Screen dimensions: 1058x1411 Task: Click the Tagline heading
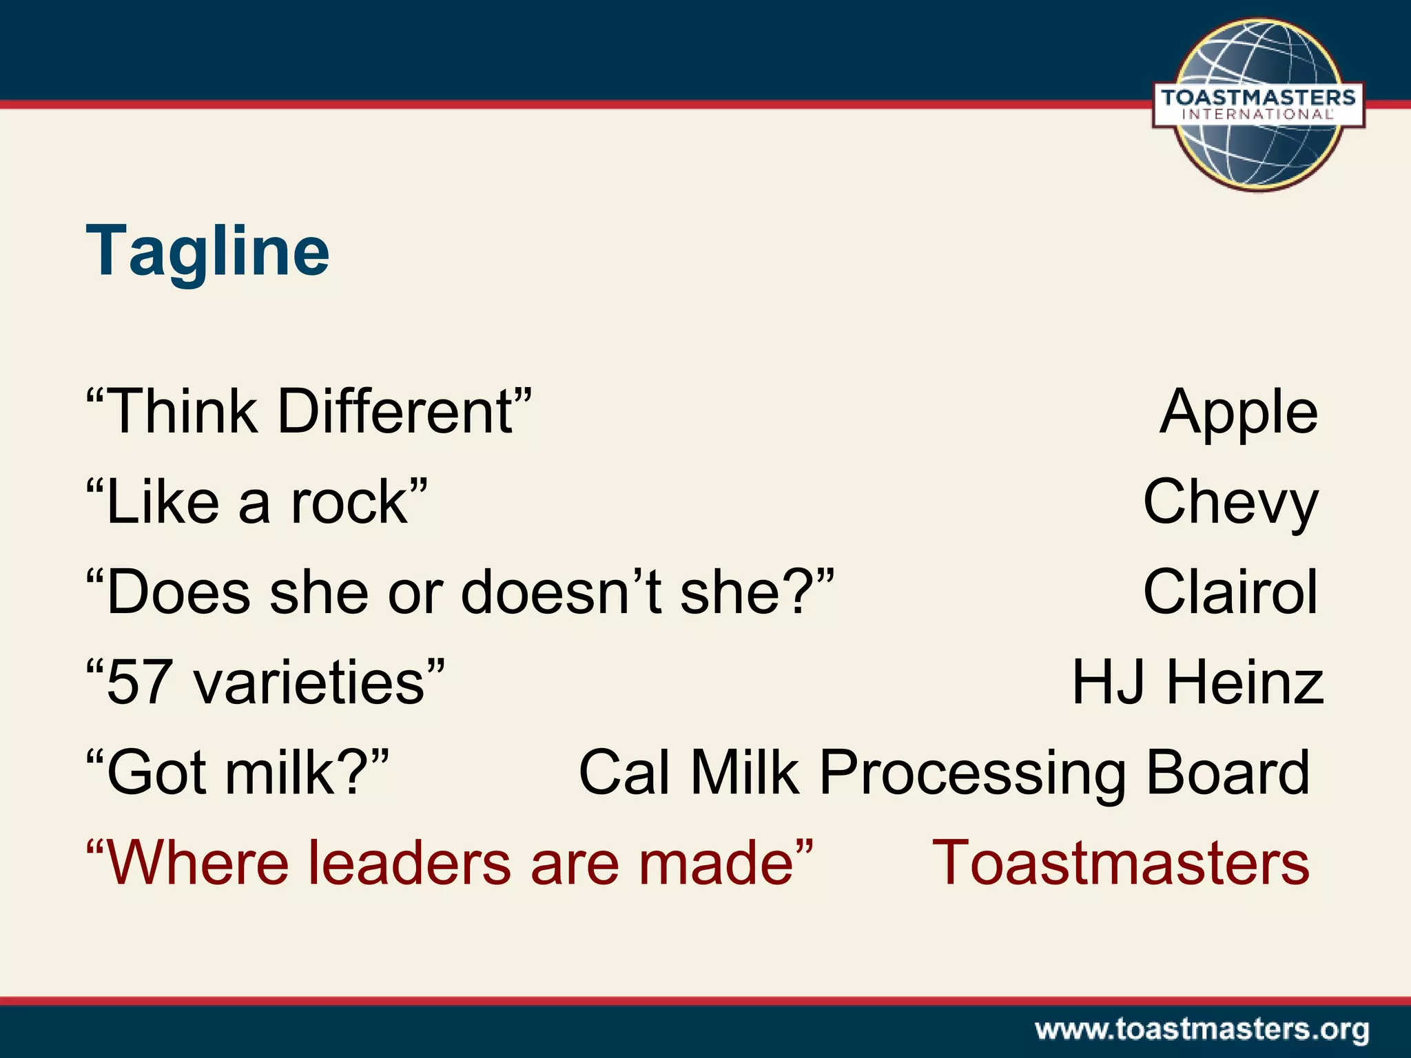tap(207, 251)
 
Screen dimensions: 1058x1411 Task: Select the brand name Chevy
tap(1230, 502)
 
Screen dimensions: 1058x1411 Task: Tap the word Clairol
tap(1230, 592)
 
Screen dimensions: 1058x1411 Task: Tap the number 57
tap(138, 683)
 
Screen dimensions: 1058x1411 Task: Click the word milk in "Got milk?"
tap(280, 773)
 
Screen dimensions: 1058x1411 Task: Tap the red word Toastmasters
tap(1120, 862)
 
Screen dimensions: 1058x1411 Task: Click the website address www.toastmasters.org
tap(1202, 1030)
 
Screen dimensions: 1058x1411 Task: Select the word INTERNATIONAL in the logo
tap(1258, 115)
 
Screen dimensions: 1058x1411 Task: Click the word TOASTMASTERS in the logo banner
tap(1258, 97)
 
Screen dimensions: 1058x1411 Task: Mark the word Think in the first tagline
tap(183, 412)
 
